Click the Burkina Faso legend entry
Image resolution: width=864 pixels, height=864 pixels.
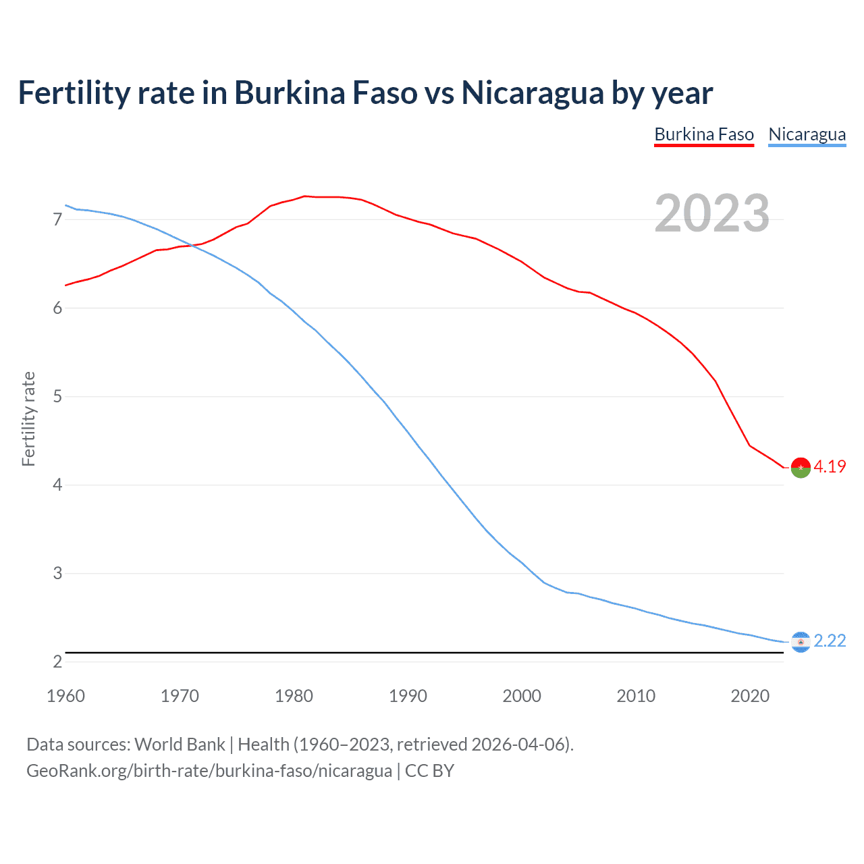tap(703, 134)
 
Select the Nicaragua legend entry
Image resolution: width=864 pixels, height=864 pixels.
tap(807, 134)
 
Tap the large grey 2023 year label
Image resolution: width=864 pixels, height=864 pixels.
tap(711, 213)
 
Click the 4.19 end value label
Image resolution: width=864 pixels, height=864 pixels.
tap(830, 466)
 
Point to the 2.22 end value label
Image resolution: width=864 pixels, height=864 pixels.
tap(830, 641)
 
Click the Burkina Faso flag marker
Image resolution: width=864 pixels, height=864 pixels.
tap(801, 467)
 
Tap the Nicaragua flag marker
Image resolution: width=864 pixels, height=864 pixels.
tap(801, 642)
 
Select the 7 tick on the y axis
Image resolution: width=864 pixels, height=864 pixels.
tap(57, 219)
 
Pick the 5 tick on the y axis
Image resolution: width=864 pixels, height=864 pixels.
tap(57, 396)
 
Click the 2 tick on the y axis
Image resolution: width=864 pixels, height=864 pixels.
tap(57, 661)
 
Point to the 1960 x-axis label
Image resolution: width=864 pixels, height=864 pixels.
tap(65, 696)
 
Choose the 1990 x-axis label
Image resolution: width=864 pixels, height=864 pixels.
tap(408, 696)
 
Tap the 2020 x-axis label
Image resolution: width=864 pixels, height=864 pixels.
tap(750, 696)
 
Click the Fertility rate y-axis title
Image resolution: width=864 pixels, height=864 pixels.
tap(28, 418)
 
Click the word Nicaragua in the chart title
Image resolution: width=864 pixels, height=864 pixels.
tap(533, 92)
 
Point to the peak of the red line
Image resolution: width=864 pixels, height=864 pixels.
tap(304, 196)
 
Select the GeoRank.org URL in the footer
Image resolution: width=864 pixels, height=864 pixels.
tap(209, 770)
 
